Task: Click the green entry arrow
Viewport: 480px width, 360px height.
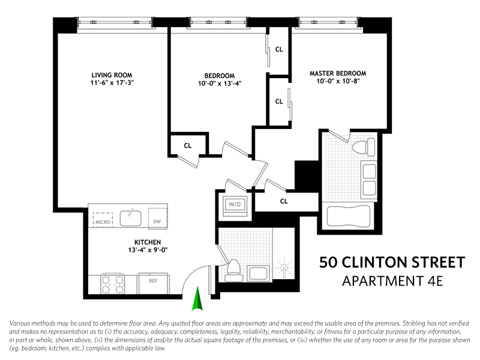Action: point(196,301)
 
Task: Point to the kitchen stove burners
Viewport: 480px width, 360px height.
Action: point(112,283)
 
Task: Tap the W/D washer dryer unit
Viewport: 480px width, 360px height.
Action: point(233,204)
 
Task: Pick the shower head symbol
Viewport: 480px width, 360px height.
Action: point(283,268)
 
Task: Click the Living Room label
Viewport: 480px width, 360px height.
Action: point(109,75)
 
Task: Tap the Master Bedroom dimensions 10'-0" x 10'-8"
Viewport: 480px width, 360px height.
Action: point(338,82)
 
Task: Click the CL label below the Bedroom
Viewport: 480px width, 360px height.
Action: point(188,145)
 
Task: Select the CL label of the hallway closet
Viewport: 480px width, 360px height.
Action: point(284,202)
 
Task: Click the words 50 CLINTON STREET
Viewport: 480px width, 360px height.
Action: point(392,262)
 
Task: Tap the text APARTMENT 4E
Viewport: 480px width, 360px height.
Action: point(392,281)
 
